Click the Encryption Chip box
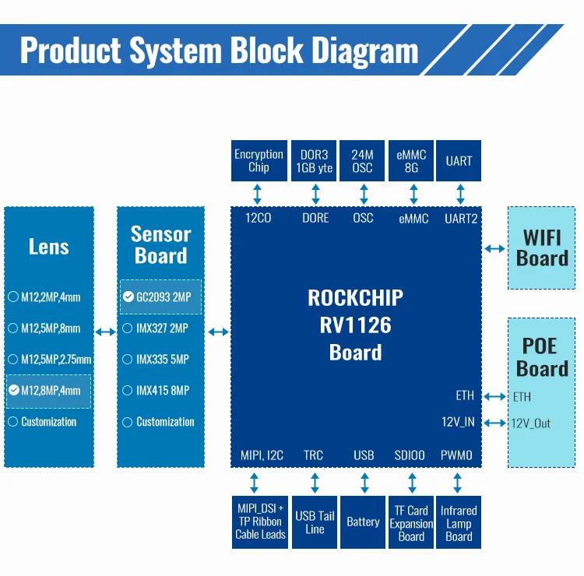[259, 160]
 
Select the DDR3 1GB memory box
[314, 160]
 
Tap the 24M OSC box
[363, 160]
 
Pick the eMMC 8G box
[411, 160]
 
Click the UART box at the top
[459, 160]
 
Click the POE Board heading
[542, 357]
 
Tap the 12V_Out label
[531, 423]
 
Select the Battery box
[363, 522]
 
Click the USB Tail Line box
[315, 522]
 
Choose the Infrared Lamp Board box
[459, 522]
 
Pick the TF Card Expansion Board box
[411, 522]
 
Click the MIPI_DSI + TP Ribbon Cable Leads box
[260, 522]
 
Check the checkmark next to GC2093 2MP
[128, 297]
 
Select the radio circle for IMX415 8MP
[128, 391]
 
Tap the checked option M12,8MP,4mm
[48, 391]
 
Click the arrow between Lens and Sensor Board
[105, 332]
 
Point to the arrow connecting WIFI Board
[494, 248]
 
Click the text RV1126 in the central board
[355, 325]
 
